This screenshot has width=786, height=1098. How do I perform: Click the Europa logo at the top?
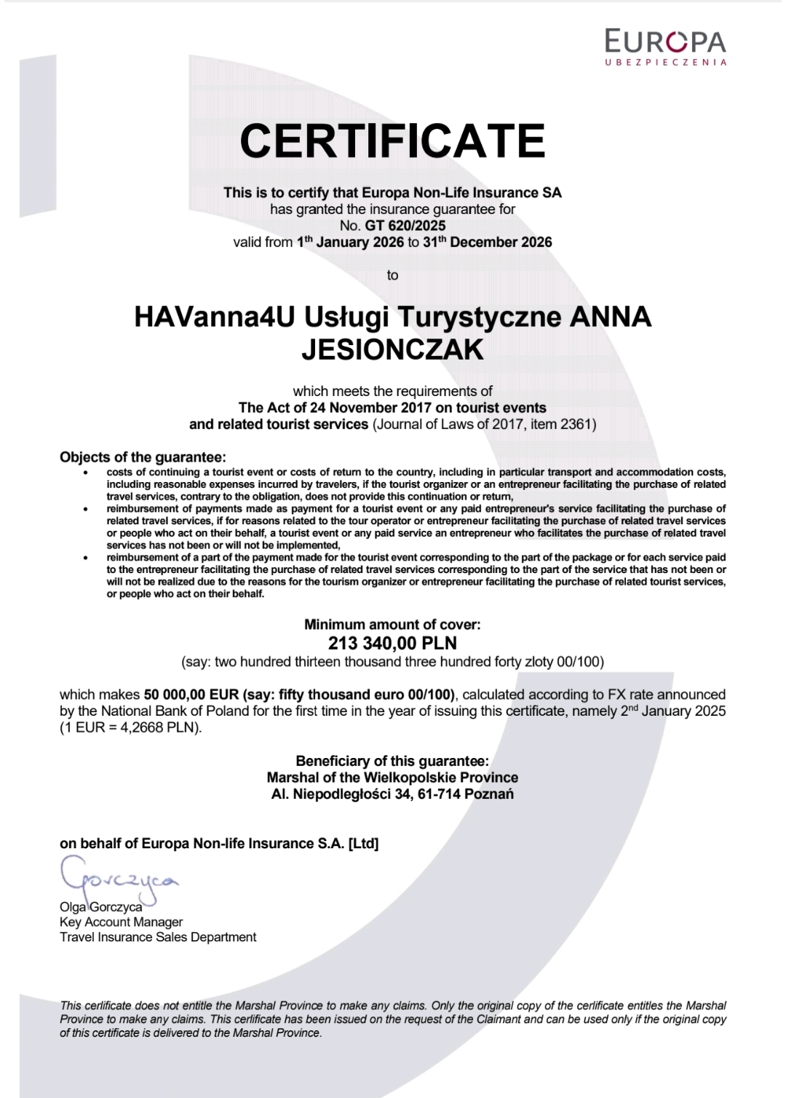[x=665, y=47]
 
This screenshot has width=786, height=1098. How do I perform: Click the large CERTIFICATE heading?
[x=392, y=141]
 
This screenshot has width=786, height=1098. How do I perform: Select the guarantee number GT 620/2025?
[x=405, y=226]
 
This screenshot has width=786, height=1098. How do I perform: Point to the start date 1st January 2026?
[x=350, y=242]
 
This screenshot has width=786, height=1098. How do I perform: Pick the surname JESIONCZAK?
[x=392, y=350]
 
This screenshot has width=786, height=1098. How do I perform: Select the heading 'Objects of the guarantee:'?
[x=143, y=457]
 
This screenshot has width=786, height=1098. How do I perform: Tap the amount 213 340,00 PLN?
[x=392, y=644]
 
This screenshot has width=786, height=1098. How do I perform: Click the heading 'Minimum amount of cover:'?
[x=392, y=625]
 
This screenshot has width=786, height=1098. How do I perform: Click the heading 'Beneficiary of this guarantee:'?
[x=392, y=761]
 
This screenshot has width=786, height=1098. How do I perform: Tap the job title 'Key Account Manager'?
[x=121, y=922]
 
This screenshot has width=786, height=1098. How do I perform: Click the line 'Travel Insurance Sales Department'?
[x=158, y=937]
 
